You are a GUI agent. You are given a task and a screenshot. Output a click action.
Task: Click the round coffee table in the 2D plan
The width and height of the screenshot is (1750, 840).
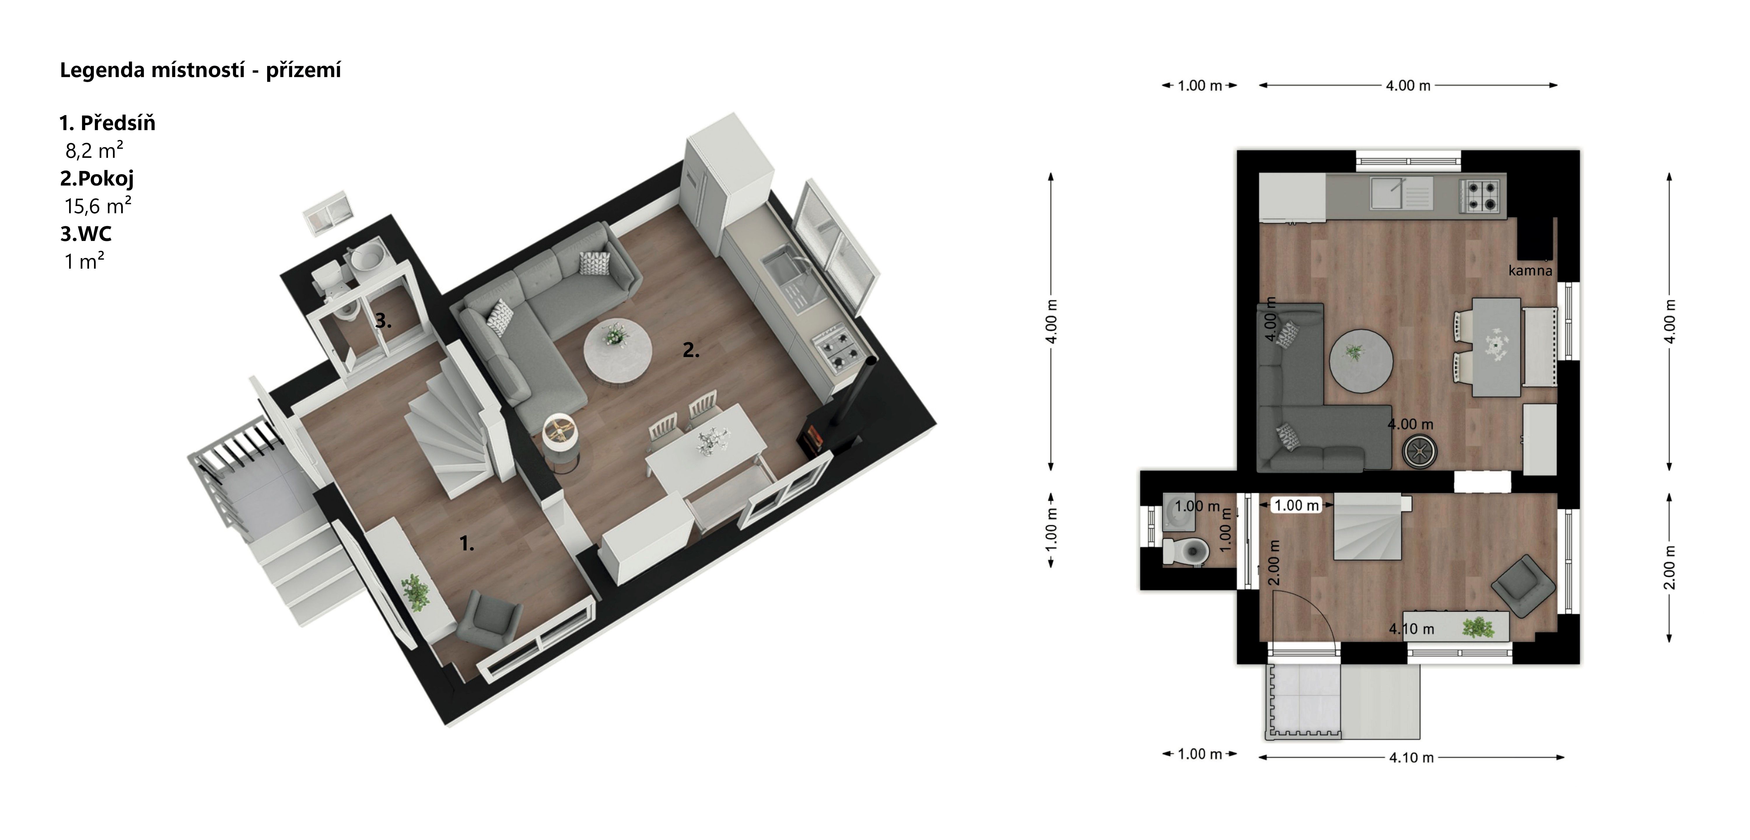[x=1361, y=361]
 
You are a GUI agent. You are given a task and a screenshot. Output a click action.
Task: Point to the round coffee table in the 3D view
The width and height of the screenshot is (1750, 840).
[x=618, y=353]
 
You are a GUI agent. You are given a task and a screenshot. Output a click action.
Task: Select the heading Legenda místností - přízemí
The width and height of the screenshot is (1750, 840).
[x=200, y=70]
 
